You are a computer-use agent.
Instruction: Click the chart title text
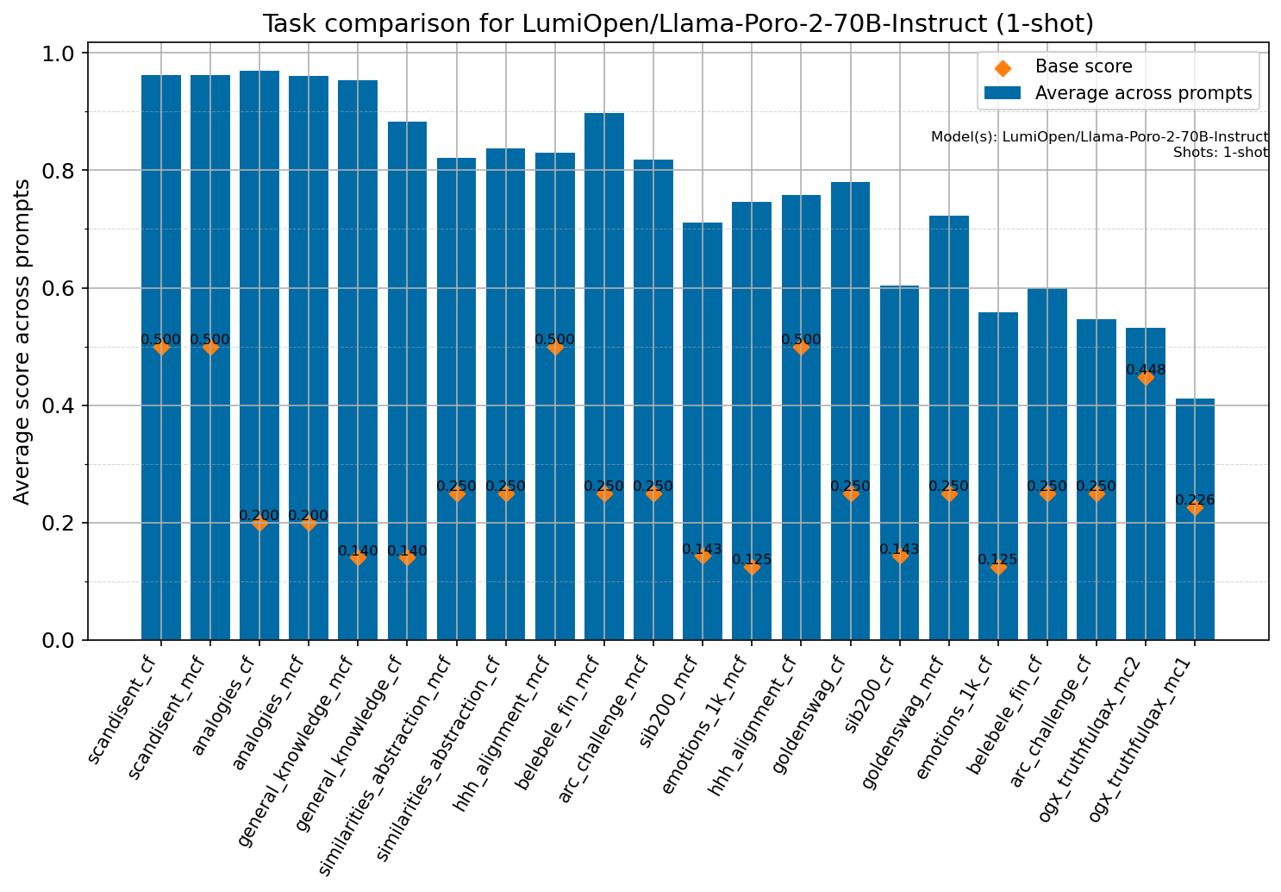[678, 23]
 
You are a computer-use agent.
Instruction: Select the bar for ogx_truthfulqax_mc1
[1195, 561]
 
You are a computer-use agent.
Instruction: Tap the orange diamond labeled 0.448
[1146, 378]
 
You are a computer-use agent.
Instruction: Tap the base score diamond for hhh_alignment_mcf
[555, 347]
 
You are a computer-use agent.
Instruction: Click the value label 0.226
[1195, 499]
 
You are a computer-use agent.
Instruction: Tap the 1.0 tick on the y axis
[61, 53]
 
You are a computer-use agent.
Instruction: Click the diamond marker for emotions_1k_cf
[998, 567]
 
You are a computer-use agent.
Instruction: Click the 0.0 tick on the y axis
[61, 640]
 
